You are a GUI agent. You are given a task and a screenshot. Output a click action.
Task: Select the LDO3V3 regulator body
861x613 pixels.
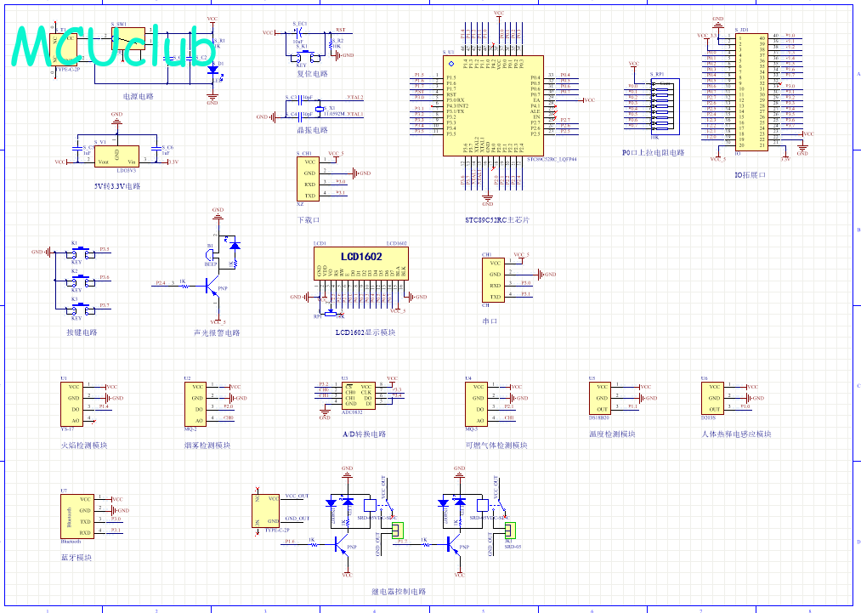tap(117, 154)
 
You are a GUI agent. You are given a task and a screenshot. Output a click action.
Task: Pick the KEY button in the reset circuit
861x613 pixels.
tap(303, 58)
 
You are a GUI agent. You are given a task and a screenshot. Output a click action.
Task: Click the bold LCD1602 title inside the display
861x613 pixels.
tap(361, 257)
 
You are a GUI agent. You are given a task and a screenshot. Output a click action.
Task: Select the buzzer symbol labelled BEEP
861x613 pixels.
tap(212, 254)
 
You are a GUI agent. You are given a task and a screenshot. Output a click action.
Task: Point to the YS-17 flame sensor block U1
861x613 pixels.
tap(71, 403)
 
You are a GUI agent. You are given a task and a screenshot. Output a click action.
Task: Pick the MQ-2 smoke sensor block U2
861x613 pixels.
tap(195, 403)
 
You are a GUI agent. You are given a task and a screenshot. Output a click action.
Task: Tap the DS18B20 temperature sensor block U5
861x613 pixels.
tap(601, 398)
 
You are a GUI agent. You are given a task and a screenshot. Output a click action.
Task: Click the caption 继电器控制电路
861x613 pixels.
tap(399, 591)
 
